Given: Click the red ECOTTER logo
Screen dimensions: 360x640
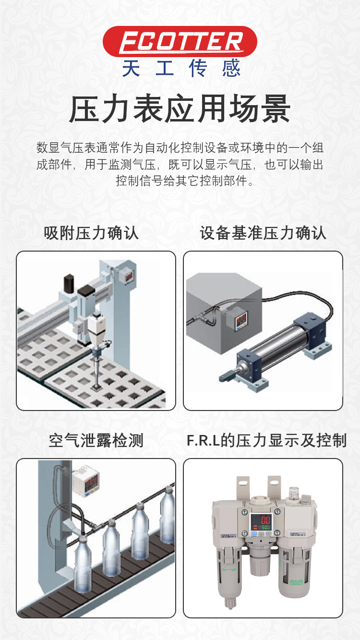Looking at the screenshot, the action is tap(180, 42).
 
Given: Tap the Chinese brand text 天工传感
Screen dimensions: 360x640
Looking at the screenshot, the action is tap(181, 68).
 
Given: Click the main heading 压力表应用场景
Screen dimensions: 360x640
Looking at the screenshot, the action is tap(180, 109).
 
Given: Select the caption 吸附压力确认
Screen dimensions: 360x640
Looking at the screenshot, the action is tap(91, 233).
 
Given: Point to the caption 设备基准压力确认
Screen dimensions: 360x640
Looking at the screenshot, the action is tap(263, 233).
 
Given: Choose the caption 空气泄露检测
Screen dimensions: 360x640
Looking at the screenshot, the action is tap(96, 440).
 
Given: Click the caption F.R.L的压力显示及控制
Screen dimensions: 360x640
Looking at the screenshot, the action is tap(266, 440).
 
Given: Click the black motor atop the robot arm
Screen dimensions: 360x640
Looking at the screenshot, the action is tap(69, 283).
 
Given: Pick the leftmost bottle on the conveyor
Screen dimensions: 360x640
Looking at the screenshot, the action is tap(83, 564).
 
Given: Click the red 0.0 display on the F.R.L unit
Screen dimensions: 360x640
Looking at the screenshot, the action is tap(265, 520).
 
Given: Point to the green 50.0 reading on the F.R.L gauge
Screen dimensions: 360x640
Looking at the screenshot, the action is tap(266, 527).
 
